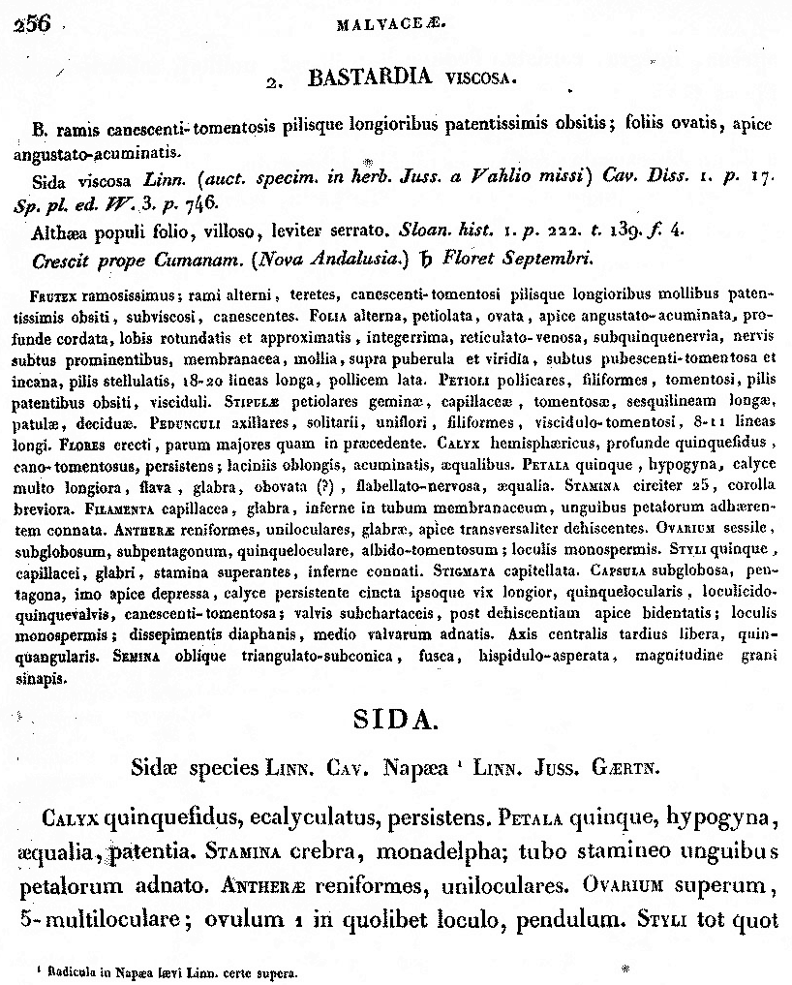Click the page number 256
(33, 24)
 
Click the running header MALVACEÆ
(392, 26)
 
